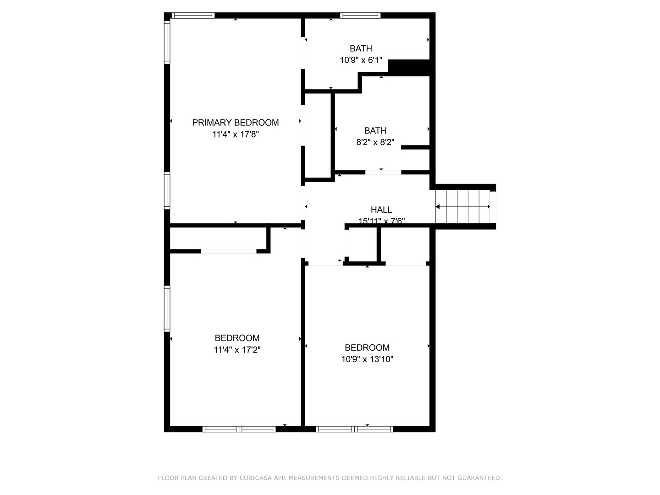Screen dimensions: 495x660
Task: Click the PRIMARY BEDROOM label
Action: click(235, 122)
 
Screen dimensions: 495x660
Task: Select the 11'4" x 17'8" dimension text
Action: click(236, 134)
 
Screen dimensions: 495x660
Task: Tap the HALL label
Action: click(381, 209)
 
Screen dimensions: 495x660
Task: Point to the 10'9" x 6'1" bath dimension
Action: click(361, 60)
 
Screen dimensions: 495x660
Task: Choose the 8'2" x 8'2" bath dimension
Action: click(375, 142)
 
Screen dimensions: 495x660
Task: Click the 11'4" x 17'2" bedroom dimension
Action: click(237, 350)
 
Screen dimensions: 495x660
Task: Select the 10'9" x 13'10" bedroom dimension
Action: click(367, 359)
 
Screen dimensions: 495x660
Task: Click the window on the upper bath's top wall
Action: click(360, 16)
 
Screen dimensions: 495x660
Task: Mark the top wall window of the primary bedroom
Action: click(193, 16)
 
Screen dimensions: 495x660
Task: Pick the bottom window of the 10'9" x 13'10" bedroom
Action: click(354, 429)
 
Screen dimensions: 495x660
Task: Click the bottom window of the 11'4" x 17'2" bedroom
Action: click(239, 429)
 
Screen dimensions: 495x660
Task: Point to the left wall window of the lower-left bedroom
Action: click(167, 308)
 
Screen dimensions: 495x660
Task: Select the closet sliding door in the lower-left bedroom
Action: click(229, 251)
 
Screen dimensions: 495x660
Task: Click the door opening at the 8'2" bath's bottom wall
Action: click(383, 172)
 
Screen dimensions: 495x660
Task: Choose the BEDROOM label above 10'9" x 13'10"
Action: click(367, 347)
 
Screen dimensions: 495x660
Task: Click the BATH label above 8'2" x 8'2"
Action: click(375, 131)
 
